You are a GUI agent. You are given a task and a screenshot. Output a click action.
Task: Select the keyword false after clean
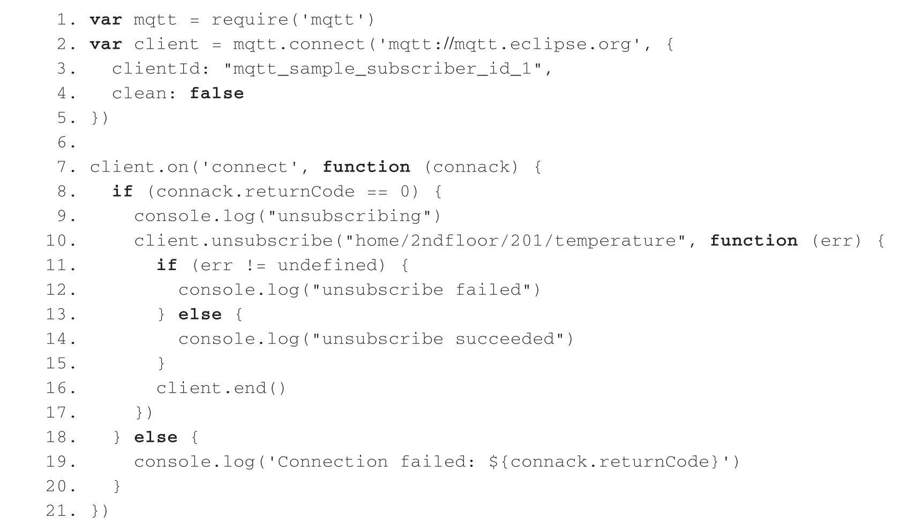click(x=216, y=93)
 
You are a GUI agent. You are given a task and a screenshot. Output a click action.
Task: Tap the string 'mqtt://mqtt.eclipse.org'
click(x=510, y=44)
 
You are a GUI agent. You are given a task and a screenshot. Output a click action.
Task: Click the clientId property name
click(x=155, y=69)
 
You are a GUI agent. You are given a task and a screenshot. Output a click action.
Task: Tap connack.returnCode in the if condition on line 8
click(x=256, y=192)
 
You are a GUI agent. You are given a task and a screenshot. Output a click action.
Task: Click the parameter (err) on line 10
click(x=837, y=241)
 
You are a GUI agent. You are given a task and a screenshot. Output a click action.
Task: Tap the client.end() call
click(x=221, y=388)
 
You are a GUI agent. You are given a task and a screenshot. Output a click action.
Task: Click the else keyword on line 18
click(x=156, y=437)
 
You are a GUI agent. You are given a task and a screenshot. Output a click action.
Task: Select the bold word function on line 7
click(x=366, y=167)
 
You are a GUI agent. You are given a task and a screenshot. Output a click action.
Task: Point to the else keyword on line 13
click(x=200, y=315)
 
